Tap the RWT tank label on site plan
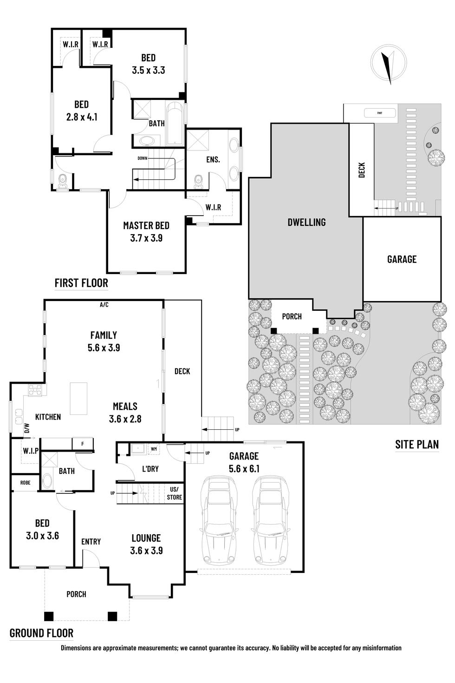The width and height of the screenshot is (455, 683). click(x=379, y=113)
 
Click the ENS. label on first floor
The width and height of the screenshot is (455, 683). click(x=213, y=159)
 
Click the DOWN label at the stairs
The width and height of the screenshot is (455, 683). click(x=142, y=158)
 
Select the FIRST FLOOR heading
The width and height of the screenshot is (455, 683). click(x=81, y=282)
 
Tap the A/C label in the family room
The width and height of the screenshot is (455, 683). click(x=104, y=305)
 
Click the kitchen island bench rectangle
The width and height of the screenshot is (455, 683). click(x=78, y=398)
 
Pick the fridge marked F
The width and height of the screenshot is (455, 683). click(x=83, y=444)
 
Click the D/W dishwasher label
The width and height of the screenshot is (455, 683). click(x=26, y=428)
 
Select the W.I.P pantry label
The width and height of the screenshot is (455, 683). click(x=31, y=451)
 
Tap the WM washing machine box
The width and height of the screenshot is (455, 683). click(x=153, y=449)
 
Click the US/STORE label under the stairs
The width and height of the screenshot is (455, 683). click(x=175, y=493)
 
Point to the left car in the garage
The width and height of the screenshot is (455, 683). click(x=217, y=522)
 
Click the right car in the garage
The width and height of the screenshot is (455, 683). click(x=271, y=522)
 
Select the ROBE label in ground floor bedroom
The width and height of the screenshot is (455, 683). click(x=25, y=483)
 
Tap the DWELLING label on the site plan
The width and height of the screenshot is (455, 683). click(x=306, y=222)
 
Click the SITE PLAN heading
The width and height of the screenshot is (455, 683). click(x=416, y=444)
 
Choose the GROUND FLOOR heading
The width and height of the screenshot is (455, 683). click(x=41, y=632)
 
